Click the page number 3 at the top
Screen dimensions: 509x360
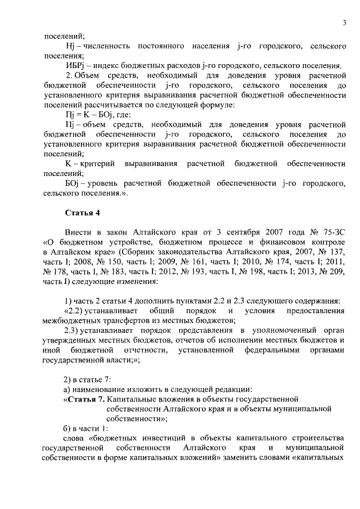tap(343, 22)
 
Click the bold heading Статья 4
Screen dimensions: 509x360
tap(82, 212)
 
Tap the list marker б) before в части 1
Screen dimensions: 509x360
tap(66, 429)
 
